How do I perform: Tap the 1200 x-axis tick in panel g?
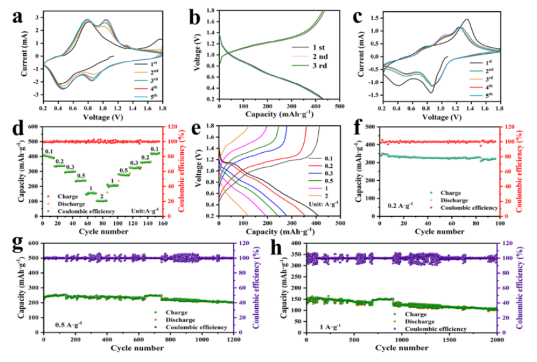pos(233,340)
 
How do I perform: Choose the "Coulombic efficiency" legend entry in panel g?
pos(190,328)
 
